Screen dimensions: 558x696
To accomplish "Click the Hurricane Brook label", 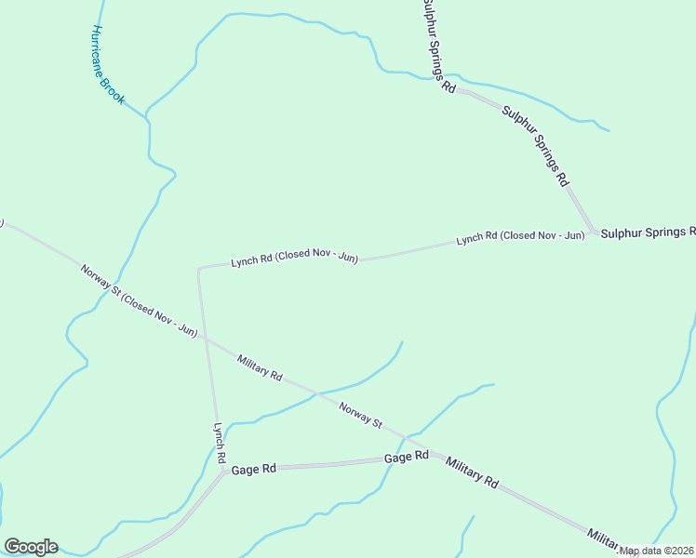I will pos(109,64).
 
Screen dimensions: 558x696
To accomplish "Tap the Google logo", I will pos(31,547).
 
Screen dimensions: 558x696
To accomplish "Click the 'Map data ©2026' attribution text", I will pos(657,551).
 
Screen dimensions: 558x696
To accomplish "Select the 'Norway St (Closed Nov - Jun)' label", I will pos(139,301).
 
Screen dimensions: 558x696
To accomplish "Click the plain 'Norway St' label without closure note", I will pos(360,415).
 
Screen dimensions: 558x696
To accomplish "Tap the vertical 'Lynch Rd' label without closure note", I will pos(220,443).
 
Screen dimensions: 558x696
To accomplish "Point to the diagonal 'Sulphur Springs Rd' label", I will pos(535,147).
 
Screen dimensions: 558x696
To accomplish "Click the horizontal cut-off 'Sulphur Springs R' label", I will pos(648,232).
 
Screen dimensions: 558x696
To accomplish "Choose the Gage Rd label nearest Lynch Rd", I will pos(254,470).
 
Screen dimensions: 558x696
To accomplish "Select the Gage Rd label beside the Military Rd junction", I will pos(407,457).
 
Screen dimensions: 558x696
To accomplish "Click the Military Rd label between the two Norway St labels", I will pos(260,366).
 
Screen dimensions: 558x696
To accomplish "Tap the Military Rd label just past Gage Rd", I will pos(472,473).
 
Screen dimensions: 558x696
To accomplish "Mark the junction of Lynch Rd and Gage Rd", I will pos(223,471).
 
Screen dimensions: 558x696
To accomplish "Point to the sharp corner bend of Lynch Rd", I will pos(199,270).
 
